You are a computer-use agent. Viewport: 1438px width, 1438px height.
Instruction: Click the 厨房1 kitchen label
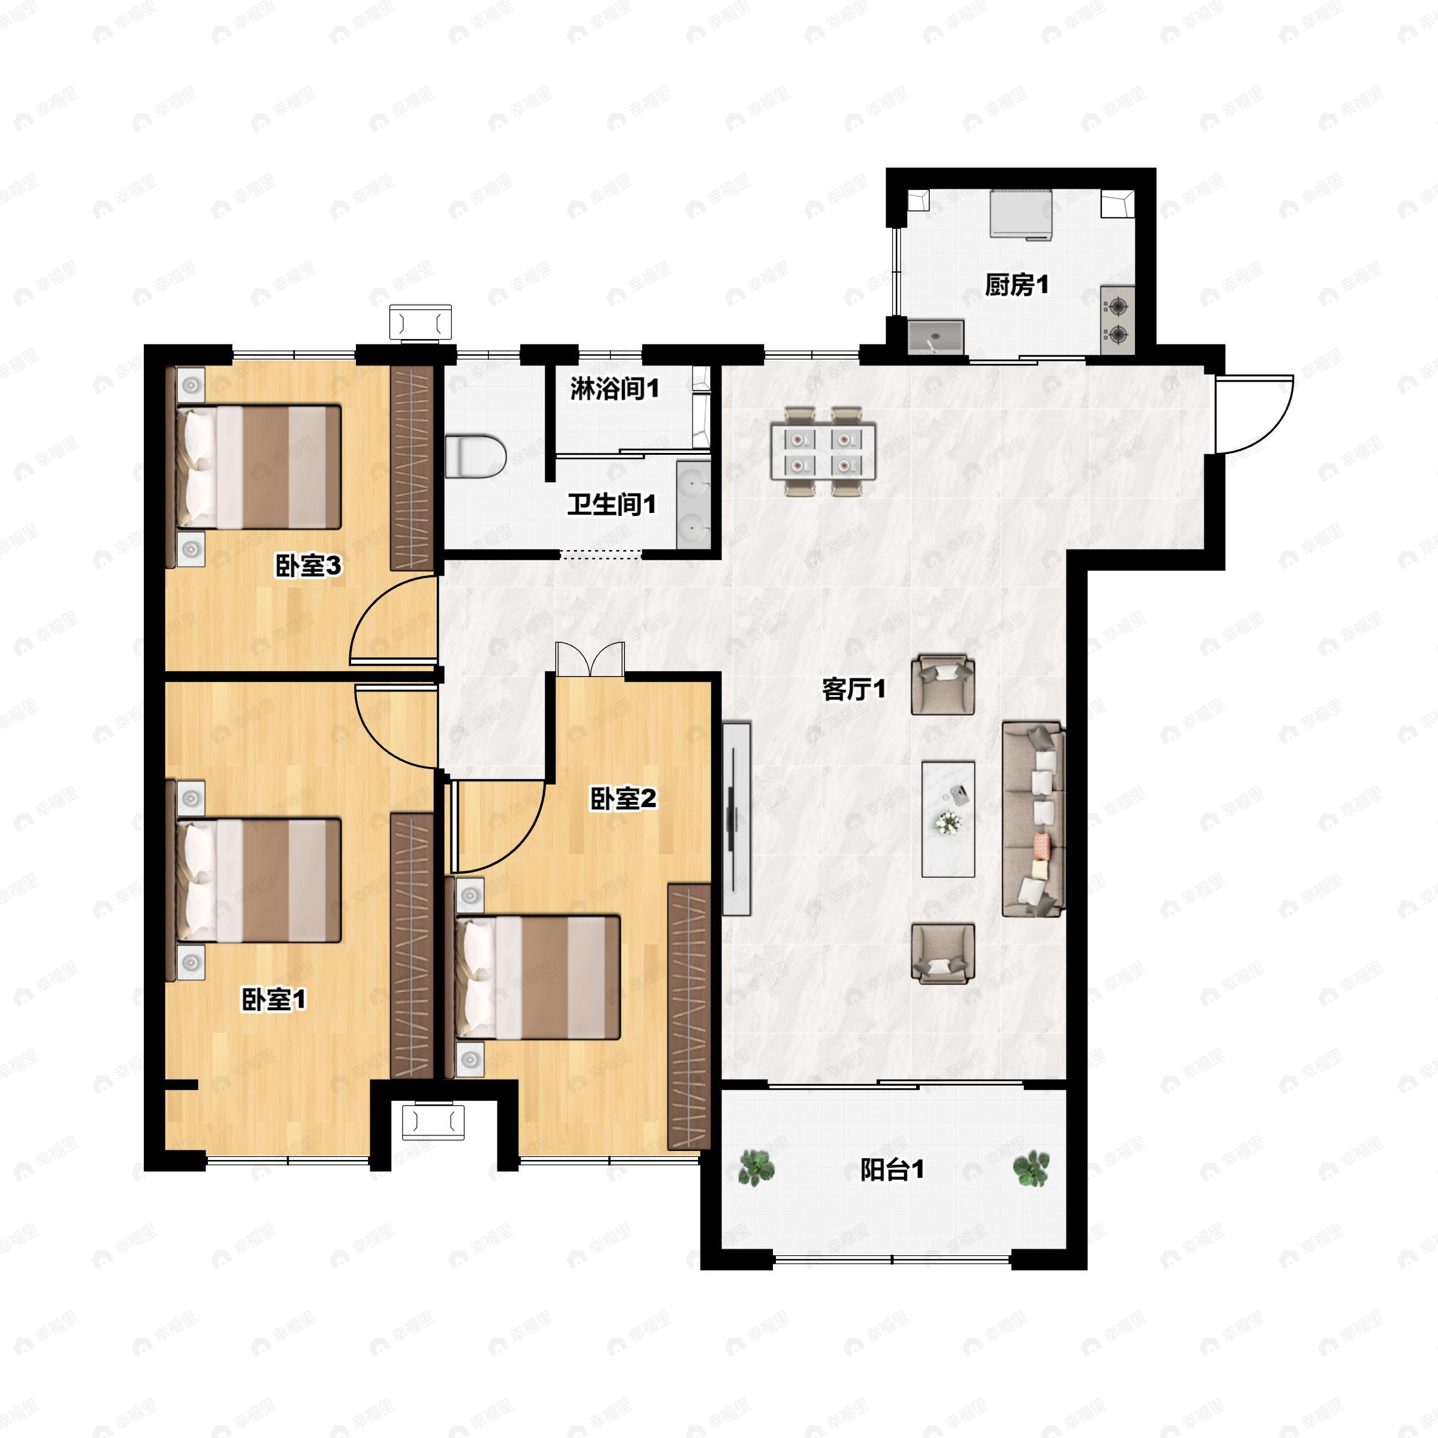click(x=1017, y=285)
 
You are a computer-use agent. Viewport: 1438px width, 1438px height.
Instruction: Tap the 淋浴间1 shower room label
click(x=615, y=388)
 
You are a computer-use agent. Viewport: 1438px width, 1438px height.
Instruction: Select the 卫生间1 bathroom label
click(x=612, y=504)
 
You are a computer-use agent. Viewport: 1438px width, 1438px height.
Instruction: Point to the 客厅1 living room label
click(x=854, y=689)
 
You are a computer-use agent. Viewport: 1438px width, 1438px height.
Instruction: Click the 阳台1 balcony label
click(x=892, y=1170)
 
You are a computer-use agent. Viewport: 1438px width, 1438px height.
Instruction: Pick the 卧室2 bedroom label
click(x=623, y=799)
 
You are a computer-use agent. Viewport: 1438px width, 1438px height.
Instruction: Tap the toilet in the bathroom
click(x=476, y=456)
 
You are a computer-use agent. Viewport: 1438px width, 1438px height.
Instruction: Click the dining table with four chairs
click(x=823, y=451)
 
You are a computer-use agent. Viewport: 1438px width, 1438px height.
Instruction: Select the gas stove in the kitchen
click(x=1118, y=320)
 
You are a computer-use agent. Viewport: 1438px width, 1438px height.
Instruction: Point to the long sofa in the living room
click(x=1034, y=818)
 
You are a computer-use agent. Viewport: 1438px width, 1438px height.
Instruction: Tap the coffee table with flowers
click(x=948, y=818)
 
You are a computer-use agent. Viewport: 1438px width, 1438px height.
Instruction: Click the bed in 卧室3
click(x=258, y=467)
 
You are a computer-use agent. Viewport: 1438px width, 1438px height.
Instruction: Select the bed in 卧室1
click(x=258, y=881)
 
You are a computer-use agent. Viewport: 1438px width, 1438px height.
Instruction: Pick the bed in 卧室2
click(x=538, y=977)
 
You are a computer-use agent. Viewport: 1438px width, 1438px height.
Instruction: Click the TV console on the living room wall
click(x=736, y=818)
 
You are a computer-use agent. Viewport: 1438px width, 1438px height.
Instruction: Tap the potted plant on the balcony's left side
click(x=757, y=1167)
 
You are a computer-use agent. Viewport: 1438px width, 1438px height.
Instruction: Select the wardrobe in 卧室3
click(x=412, y=469)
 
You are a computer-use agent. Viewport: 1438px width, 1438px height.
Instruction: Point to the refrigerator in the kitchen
click(x=1020, y=215)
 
